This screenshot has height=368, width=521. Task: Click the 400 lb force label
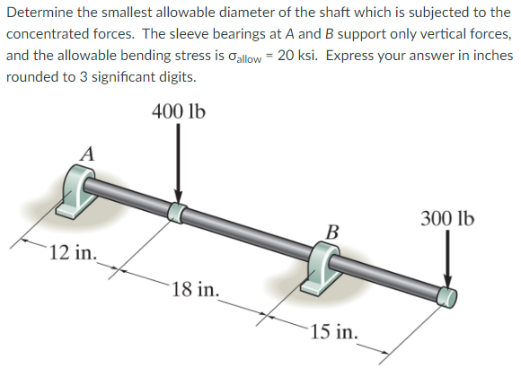(179, 112)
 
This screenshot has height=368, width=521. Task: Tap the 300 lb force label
(446, 219)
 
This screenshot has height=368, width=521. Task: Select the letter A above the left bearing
(87, 153)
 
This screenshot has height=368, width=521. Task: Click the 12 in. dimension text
(73, 250)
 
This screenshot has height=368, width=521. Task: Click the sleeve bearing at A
(79, 191)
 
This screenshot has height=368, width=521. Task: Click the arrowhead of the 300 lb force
(446, 281)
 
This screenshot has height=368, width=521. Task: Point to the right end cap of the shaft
(446, 296)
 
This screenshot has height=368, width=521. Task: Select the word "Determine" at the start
(39, 13)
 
